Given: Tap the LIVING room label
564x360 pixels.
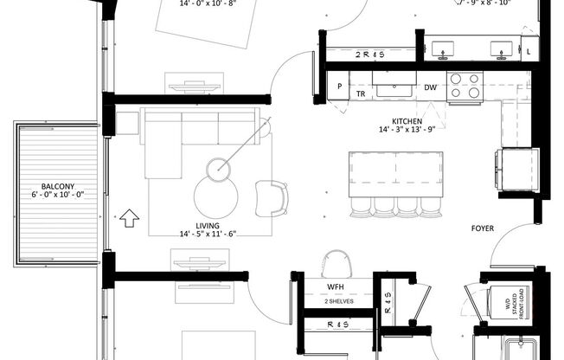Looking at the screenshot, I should (x=207, y=225).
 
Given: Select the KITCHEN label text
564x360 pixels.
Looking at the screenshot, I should (x=407, y=121).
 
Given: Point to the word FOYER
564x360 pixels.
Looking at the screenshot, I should (x=484, y=229).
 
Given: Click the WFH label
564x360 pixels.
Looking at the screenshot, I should (x=336, y=286).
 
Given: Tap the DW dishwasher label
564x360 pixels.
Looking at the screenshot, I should (x=430, y=87).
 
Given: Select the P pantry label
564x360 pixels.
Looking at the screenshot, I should (x=339, y=87).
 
